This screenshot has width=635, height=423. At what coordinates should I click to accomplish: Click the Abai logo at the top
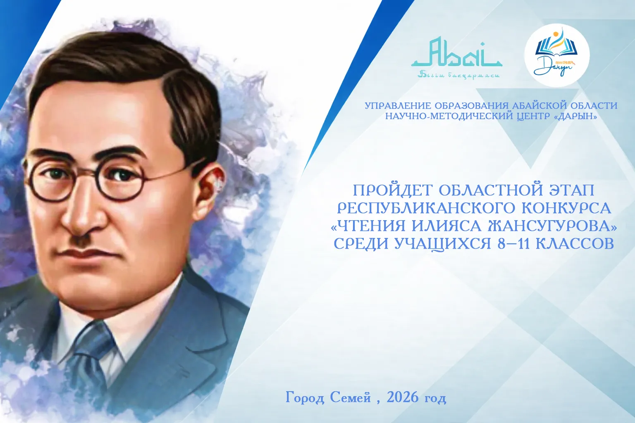(456, 58)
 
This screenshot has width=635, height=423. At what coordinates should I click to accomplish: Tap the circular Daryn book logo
(557, 55)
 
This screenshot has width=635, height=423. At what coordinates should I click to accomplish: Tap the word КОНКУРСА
(566, 208)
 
